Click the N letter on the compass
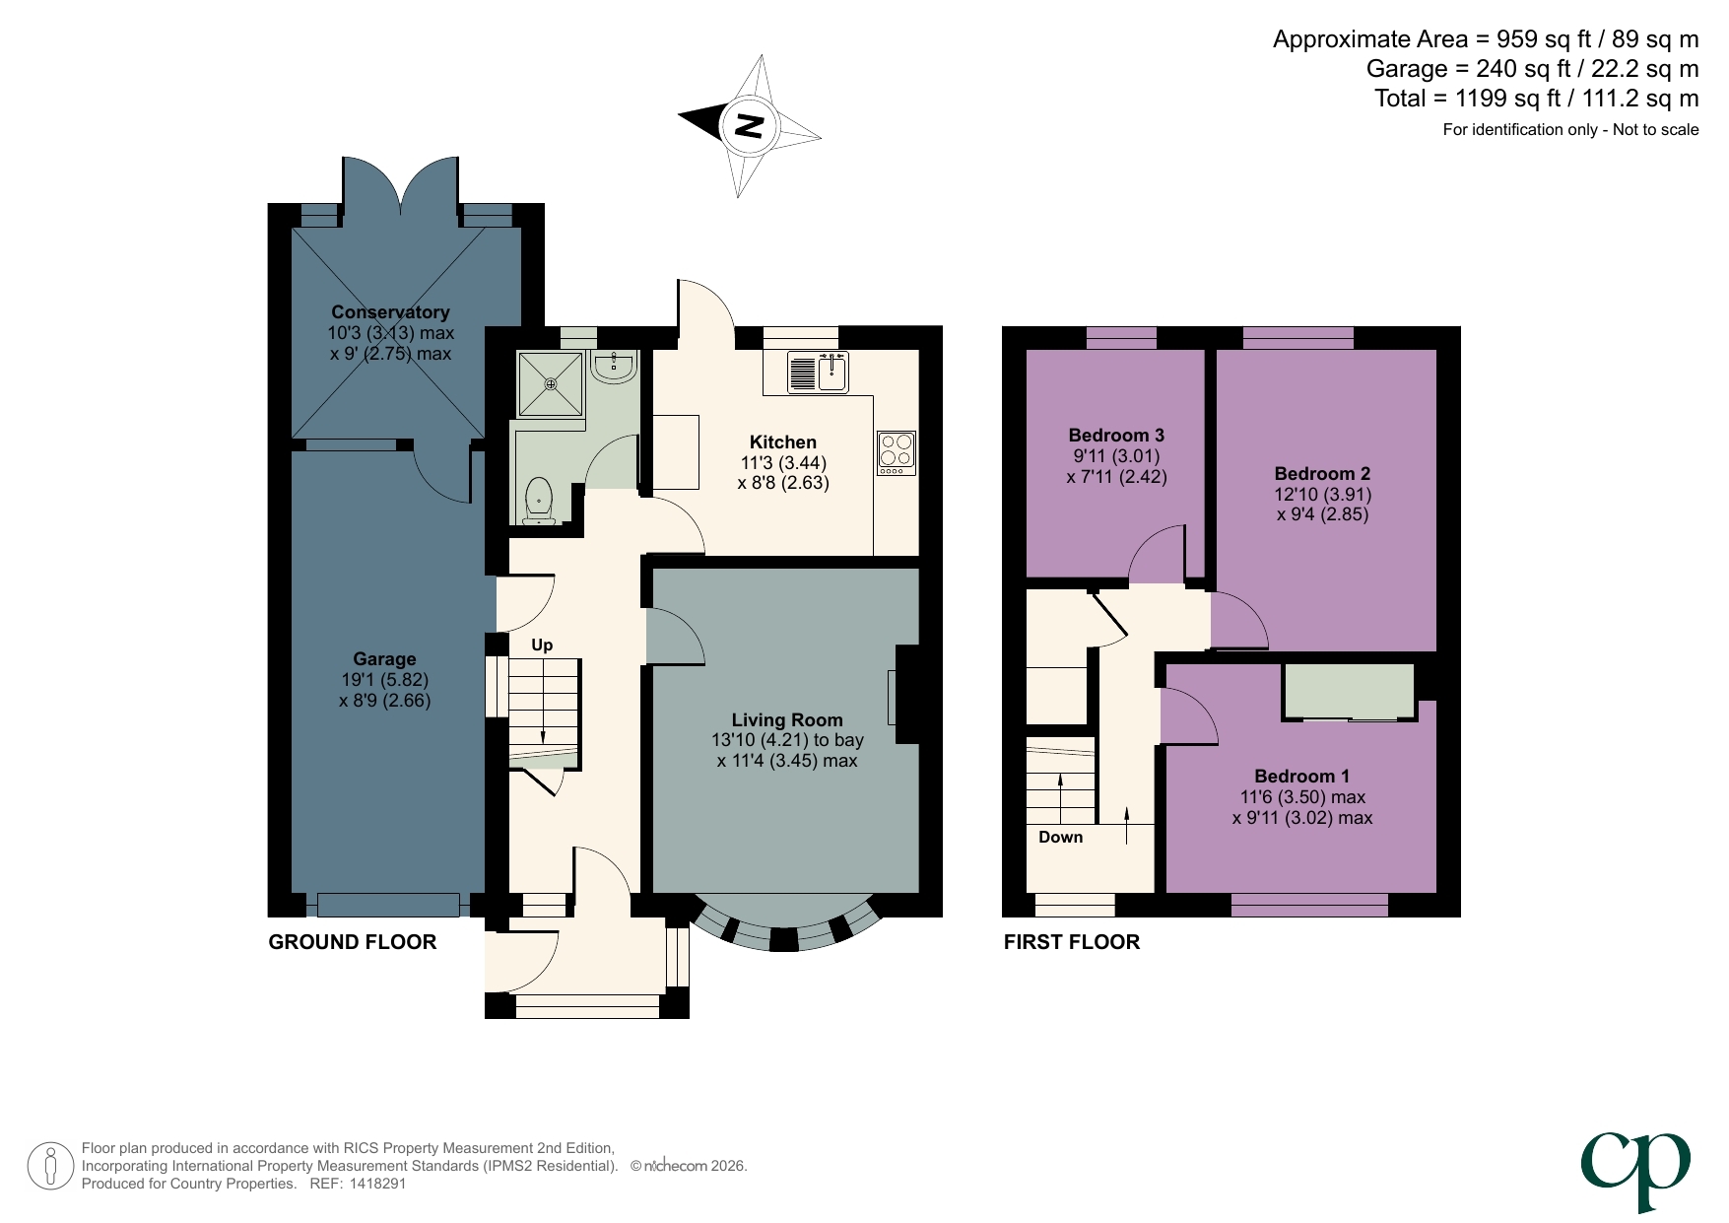pyautogui.click(x=750, y=126)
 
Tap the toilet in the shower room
pyautogui.click(x=539, y=501)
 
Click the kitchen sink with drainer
pyautogui.click(x=819, y=372)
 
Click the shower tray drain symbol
pyautogui.click(x=551, y=384)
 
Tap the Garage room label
pyautogui.click(x=384, y=658)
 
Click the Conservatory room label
pyautogui.click(x=390, y=311)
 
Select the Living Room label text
pyautogui.click(x=786, y=719)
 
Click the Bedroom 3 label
pyautogui.click(x=1116, y=435)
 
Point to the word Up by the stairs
pyautogui.click(x=542, y=645)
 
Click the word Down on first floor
pyautogui.click(x=1060, y=837)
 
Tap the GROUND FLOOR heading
pyautogui.click(x=352, y=942)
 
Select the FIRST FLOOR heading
pyautogui.click(x=1071, y=942)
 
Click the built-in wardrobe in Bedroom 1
pyautogui.click(x=1349, y=691)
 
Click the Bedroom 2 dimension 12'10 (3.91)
pyautogui.click(x=1322, y=494)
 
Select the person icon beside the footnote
pyautogui.click(x=50, y=1166)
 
